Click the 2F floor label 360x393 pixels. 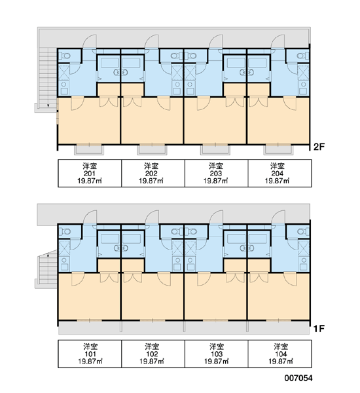click(319, 147)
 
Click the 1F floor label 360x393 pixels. click(319, 328)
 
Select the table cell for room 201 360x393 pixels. click(90, 173)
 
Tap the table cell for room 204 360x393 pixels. click(280, 173)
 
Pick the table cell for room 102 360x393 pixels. click(153, 354)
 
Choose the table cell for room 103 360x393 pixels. click(217, 354)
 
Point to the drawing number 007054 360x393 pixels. click(298, 378)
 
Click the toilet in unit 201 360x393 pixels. click(65, 56)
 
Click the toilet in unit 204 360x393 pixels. click(302, 56)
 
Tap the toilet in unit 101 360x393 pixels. click(65, 232)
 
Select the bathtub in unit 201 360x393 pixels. click(110, 63)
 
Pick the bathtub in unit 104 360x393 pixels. click(258, 238)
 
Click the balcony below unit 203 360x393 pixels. click(215, 149)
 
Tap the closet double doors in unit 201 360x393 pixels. click(109, 102)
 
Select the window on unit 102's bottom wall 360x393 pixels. click(153, 320)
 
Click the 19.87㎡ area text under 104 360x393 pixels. click(281, 361)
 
